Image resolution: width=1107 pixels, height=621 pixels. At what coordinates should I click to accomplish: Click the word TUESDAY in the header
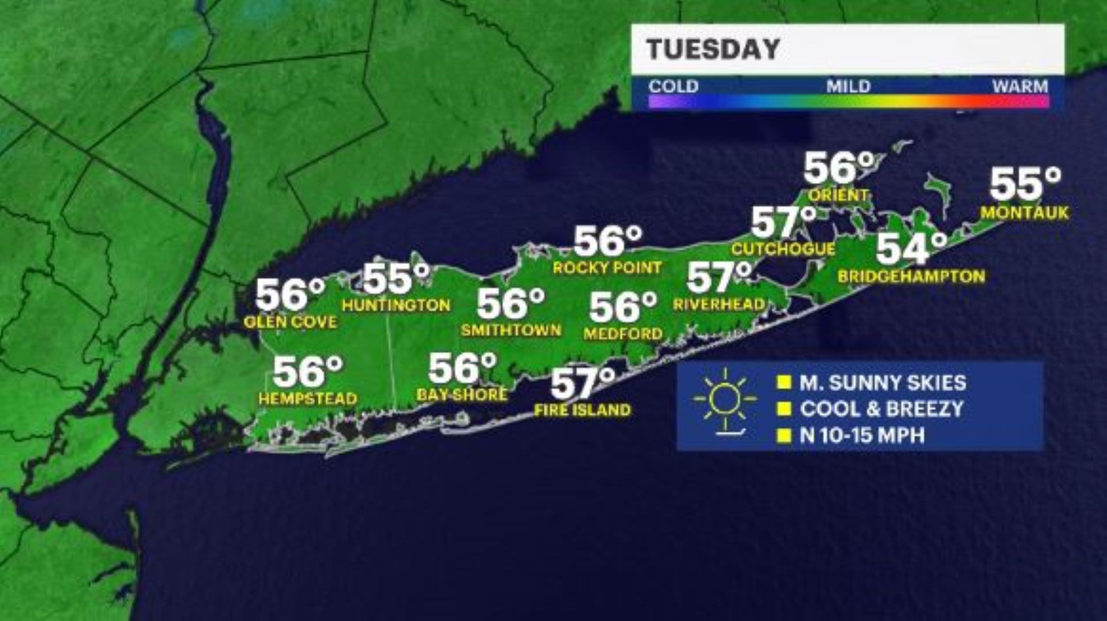[713, 50]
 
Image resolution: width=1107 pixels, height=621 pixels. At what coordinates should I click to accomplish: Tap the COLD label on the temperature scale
[673, 86]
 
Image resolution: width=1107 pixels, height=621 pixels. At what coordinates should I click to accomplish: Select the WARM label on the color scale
[1020, 86]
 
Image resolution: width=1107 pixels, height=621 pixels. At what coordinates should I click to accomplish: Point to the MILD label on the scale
[848, 86]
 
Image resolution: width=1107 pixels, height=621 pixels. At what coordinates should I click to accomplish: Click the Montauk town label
[1025, 213]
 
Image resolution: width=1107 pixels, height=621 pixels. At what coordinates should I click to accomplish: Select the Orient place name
[838, 195]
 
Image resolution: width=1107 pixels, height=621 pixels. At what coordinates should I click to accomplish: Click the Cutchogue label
[783, 249]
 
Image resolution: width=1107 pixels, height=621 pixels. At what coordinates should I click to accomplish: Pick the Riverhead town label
[719, 304]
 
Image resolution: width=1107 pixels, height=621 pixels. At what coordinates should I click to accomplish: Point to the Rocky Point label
[607, 268]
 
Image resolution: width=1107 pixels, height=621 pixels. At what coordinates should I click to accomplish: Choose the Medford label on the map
[623, 333]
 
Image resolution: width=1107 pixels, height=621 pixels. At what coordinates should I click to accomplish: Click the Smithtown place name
[511, 330]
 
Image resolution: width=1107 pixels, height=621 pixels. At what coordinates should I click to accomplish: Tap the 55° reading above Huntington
[396, 279]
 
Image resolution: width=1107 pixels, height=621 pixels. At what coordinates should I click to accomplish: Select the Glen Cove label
[290, 322]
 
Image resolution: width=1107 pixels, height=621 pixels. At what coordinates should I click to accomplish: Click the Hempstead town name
[307, 398]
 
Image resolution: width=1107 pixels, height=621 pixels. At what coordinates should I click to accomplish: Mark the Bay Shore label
[462, 394]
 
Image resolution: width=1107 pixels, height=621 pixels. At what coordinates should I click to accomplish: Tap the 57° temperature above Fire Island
[582, 383]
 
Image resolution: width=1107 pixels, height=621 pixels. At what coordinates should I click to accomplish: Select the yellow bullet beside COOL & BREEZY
[784, 409]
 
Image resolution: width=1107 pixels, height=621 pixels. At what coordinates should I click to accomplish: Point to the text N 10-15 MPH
[862, 435]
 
